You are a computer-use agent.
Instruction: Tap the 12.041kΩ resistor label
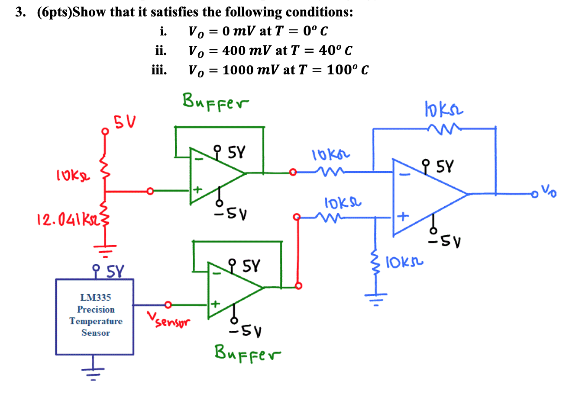click(68, 219)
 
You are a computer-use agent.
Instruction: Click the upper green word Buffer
click(215, 102)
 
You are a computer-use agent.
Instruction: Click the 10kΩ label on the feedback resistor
click(444, 108)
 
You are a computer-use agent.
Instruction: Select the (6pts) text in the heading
click(54, 12)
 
